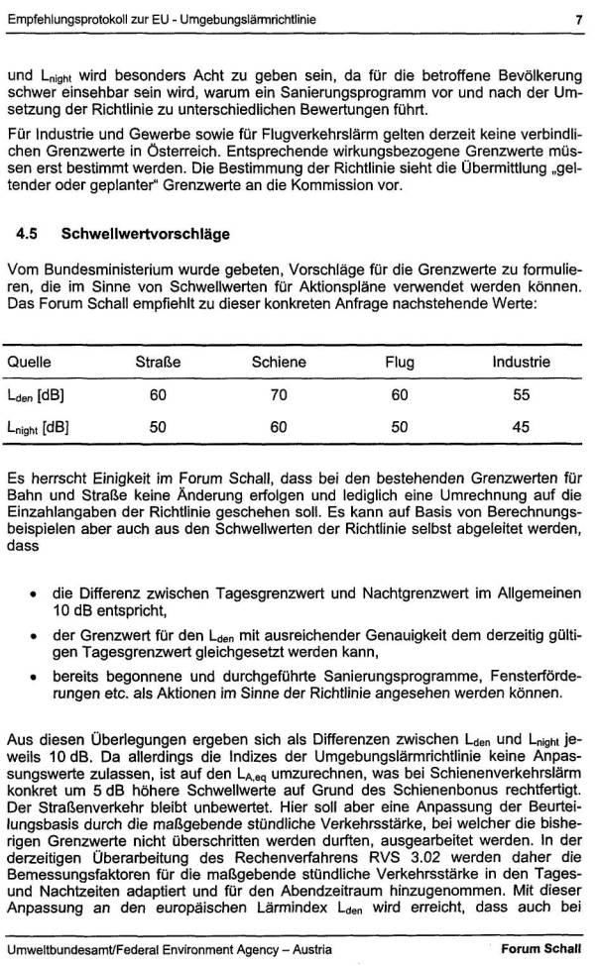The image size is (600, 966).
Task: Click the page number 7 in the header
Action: (x=576, y=17)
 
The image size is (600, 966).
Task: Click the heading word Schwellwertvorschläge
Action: (x=145, y=235)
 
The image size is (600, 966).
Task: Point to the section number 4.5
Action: (x=28, y=235)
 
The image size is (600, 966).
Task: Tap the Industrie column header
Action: (x=521, y=362)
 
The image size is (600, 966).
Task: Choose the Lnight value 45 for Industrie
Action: (x=521, y=429)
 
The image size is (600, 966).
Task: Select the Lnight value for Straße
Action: (x=158, y=429)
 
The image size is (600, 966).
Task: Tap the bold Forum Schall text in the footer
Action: (x=540, y=948)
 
